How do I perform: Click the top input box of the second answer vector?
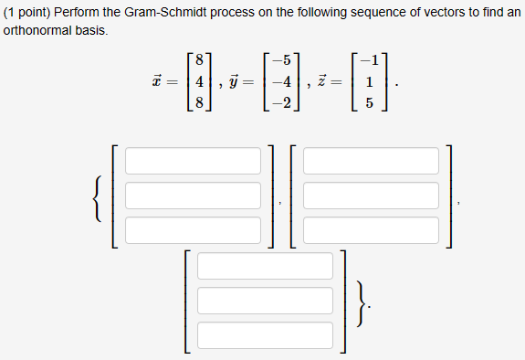pos(371,160)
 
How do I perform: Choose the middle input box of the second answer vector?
pos(371,195)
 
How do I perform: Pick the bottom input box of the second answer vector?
pos(371,229)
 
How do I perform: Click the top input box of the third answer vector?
pos(265,266)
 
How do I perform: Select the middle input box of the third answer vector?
pos(265,301)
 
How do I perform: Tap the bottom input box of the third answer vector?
pos(265,334)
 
